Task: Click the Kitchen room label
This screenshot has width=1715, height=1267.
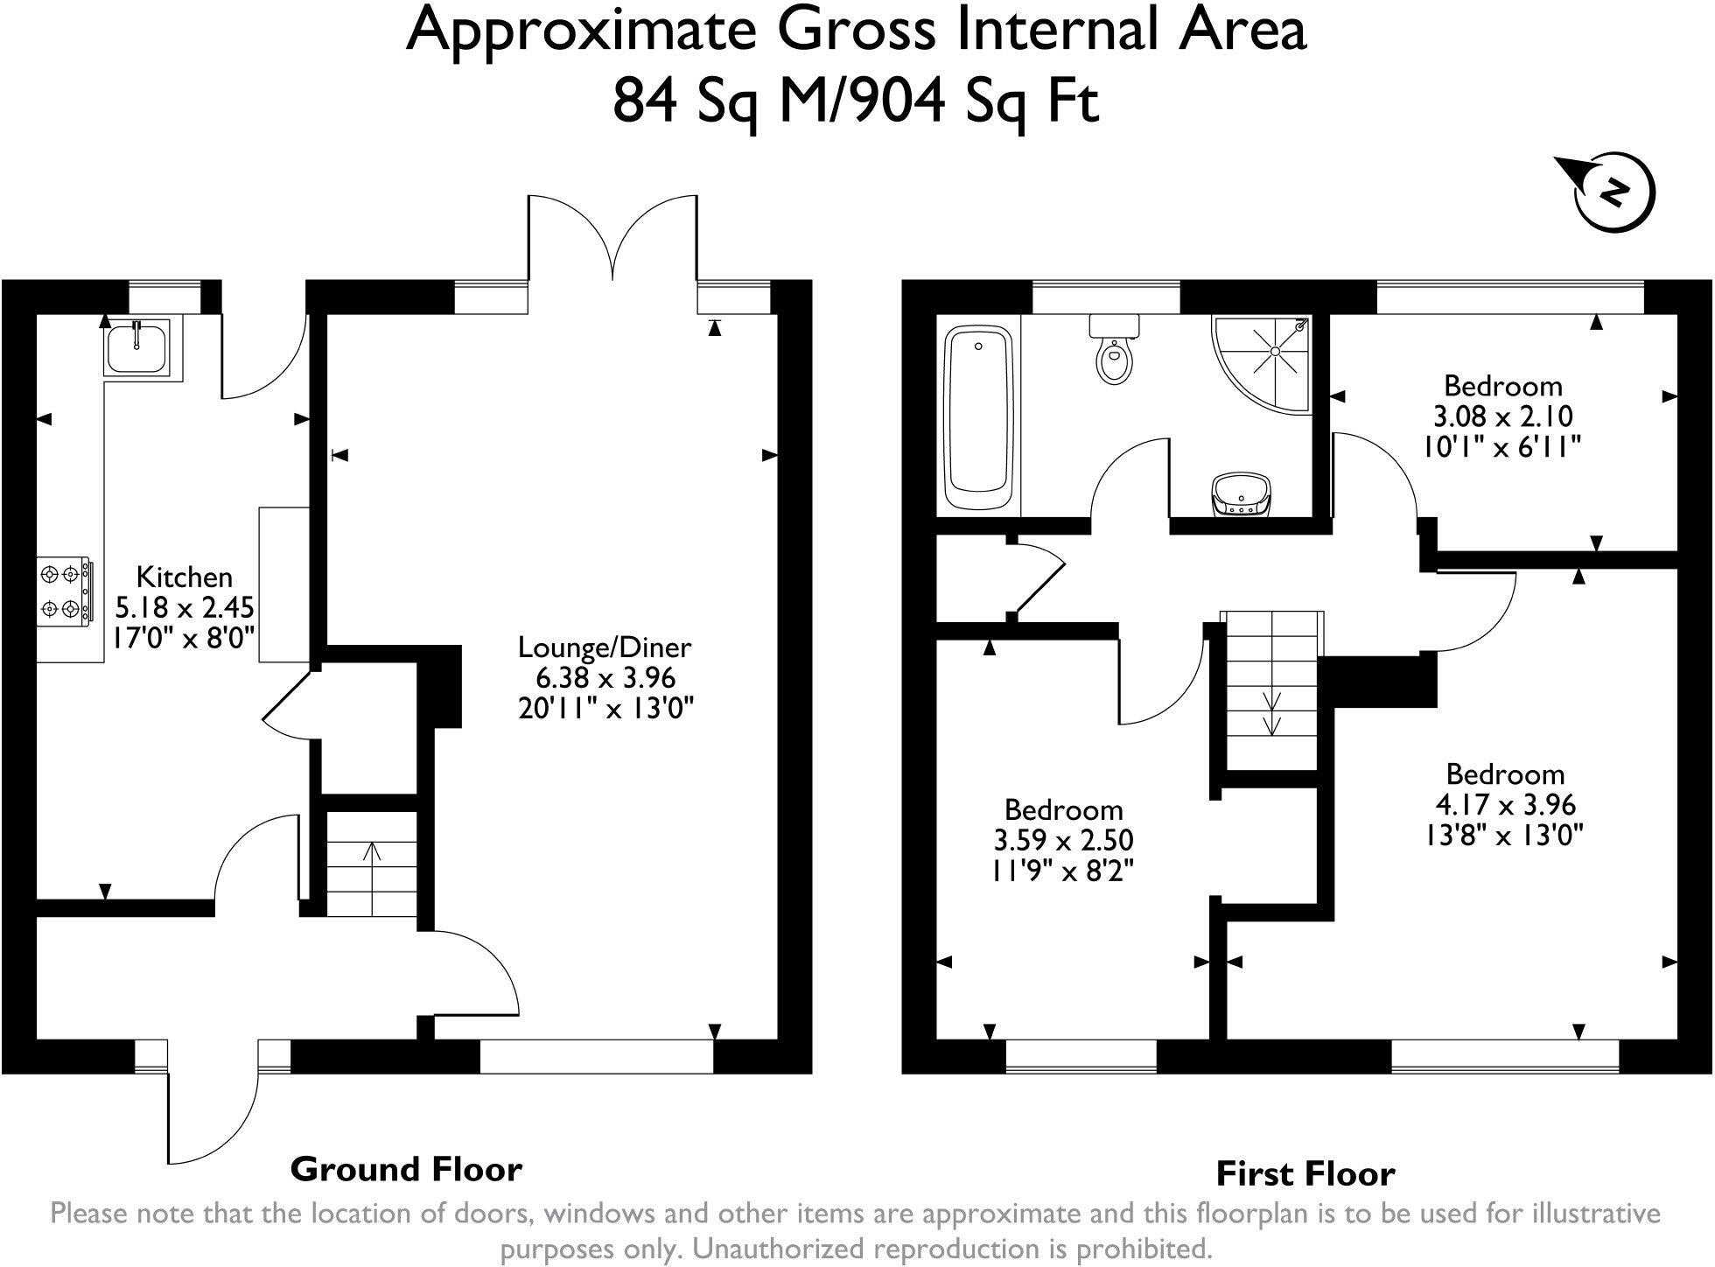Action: (185, 577)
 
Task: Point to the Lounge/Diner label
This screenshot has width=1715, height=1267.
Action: (605, 647)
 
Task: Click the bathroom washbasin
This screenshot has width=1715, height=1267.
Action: (1240, 496)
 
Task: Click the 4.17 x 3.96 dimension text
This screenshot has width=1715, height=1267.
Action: (1505, 804)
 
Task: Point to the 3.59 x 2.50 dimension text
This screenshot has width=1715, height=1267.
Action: (1063, 841)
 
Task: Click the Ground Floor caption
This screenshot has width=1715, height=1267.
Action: (406, 1169)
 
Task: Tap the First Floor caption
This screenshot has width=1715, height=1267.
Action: (1305, 1173)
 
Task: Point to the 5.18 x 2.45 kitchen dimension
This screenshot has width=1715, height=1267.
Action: (185, 607)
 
